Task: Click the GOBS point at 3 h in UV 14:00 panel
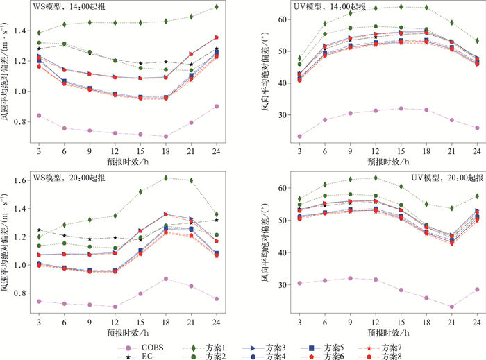click(x=299, y=136)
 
